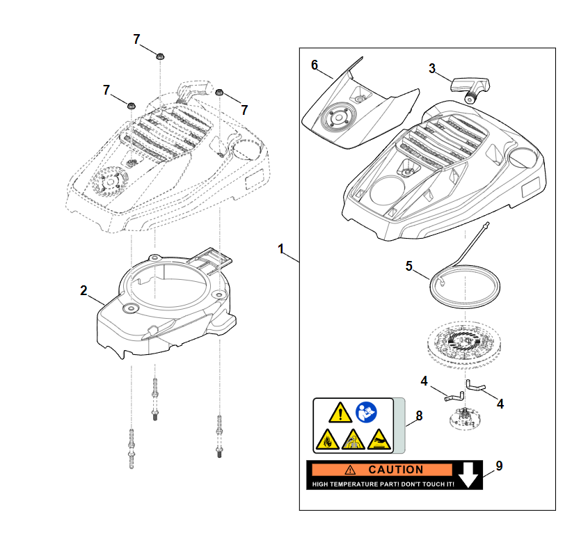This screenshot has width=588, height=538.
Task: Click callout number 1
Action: point(281,248)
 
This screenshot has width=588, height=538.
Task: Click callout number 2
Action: point(84,290)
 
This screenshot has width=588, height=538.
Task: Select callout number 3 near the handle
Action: point(432,68)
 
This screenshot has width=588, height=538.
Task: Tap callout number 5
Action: point(410,266)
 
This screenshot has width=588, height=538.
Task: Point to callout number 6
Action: point(315,65)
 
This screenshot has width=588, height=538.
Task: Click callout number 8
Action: point(419,416)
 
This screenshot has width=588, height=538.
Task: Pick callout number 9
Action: point(499,465)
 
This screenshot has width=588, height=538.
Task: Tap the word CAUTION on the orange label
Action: point(395,470)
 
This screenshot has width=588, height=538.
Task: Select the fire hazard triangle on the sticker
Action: point(326,440)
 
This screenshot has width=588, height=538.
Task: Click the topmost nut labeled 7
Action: point(160,56)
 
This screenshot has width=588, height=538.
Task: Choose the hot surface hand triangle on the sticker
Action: point(378,439)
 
